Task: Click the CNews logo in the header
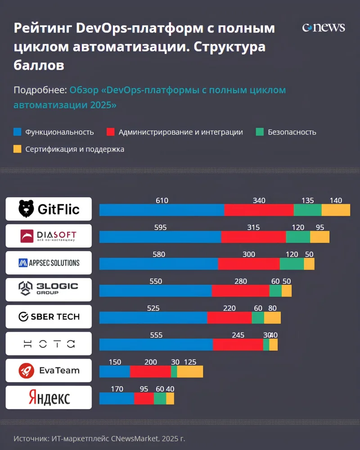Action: tap(324, 27)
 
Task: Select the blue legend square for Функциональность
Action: tap(18, 132)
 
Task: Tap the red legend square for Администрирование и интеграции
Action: tap(111, 132)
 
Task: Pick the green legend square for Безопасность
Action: tap(260, 132)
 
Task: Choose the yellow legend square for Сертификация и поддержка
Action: tap(18, 149)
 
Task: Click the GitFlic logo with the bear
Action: tap(49, 209)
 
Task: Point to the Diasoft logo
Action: tap(49, 236)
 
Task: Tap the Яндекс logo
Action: tap(49, 398)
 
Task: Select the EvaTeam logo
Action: tap(49, 371)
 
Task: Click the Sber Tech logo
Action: tap(49, 317)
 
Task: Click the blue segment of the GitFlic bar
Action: tap(162, 210)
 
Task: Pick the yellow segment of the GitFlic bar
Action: tap(336, 210)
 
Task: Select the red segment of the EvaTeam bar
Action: tap(150, 372)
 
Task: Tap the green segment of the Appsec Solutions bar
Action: tap(292, 264)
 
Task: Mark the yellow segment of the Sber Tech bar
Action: tap(272, 318)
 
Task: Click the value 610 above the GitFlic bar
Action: tap(162, 201)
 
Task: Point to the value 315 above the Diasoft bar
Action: tap(253, 228)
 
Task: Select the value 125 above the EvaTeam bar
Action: tap(190, 362)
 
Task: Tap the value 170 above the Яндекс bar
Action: tap(117, 389)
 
